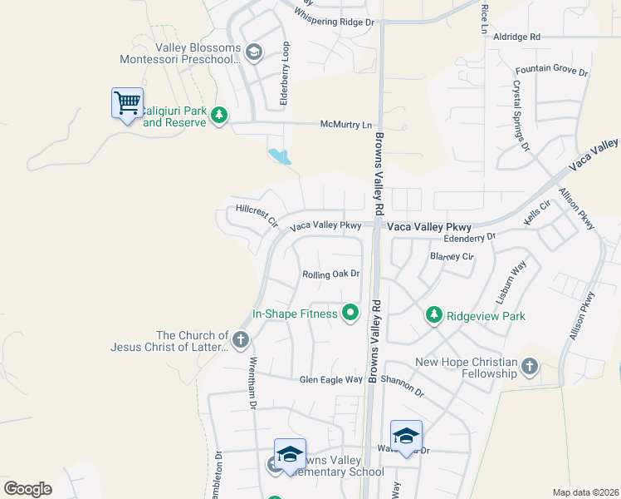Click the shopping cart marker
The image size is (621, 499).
[x=127, y=104]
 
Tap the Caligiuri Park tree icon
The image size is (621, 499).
[x=218, y=115]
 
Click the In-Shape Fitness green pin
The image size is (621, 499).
[x=350, y=314]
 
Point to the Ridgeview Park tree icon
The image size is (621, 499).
[x=433, y=315]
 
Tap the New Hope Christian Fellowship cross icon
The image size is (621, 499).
[x=529, y=365]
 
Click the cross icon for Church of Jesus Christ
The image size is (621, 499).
[x=240, y=338]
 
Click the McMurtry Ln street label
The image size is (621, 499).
[x=346, y=125]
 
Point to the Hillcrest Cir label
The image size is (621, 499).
[x=256, y=215]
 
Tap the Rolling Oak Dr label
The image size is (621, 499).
[x=330, y=273]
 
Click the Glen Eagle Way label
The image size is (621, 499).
[x=331, y=380]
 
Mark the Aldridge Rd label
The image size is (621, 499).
[x=516, y=37]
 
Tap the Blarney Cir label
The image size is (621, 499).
[x=451, y=257]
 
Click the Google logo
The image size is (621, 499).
[x=27, y=489]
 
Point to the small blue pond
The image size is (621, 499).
[x=280, y=156]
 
